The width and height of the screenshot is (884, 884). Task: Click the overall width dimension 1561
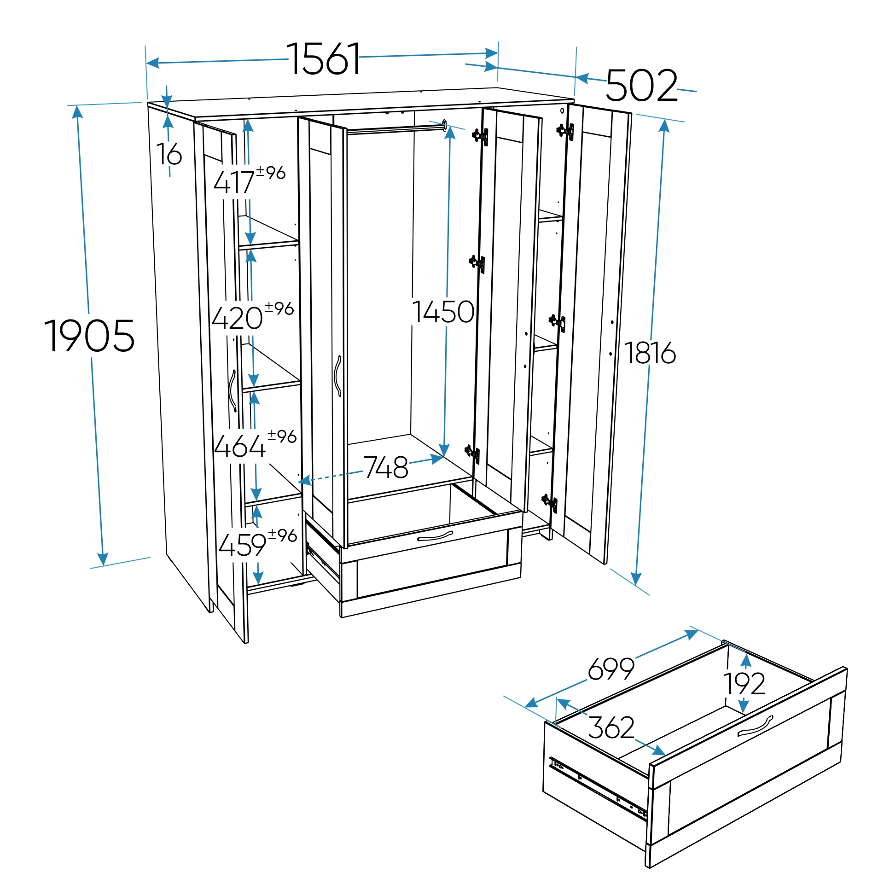324,59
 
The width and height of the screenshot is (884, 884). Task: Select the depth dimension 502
642,86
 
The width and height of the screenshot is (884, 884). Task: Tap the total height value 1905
90,336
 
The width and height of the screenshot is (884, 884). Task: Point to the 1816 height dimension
650,353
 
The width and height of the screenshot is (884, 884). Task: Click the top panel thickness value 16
169,154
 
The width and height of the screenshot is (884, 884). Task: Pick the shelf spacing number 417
234,182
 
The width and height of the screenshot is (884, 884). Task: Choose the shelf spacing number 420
238,318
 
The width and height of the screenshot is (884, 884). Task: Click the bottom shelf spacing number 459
243,546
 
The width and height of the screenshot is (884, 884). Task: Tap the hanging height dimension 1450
443,312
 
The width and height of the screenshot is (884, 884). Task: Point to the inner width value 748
386,468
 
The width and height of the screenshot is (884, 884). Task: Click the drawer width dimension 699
611,669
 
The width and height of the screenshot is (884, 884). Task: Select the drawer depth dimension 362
611,727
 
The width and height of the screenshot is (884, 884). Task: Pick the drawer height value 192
744,683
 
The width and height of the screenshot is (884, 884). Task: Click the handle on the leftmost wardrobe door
233,390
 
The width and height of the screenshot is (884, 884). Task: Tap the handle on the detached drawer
755,726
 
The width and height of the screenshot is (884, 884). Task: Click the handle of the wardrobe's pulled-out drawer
435,536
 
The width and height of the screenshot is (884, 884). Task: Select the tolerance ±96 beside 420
279,308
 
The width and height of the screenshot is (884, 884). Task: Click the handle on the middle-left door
338,376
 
